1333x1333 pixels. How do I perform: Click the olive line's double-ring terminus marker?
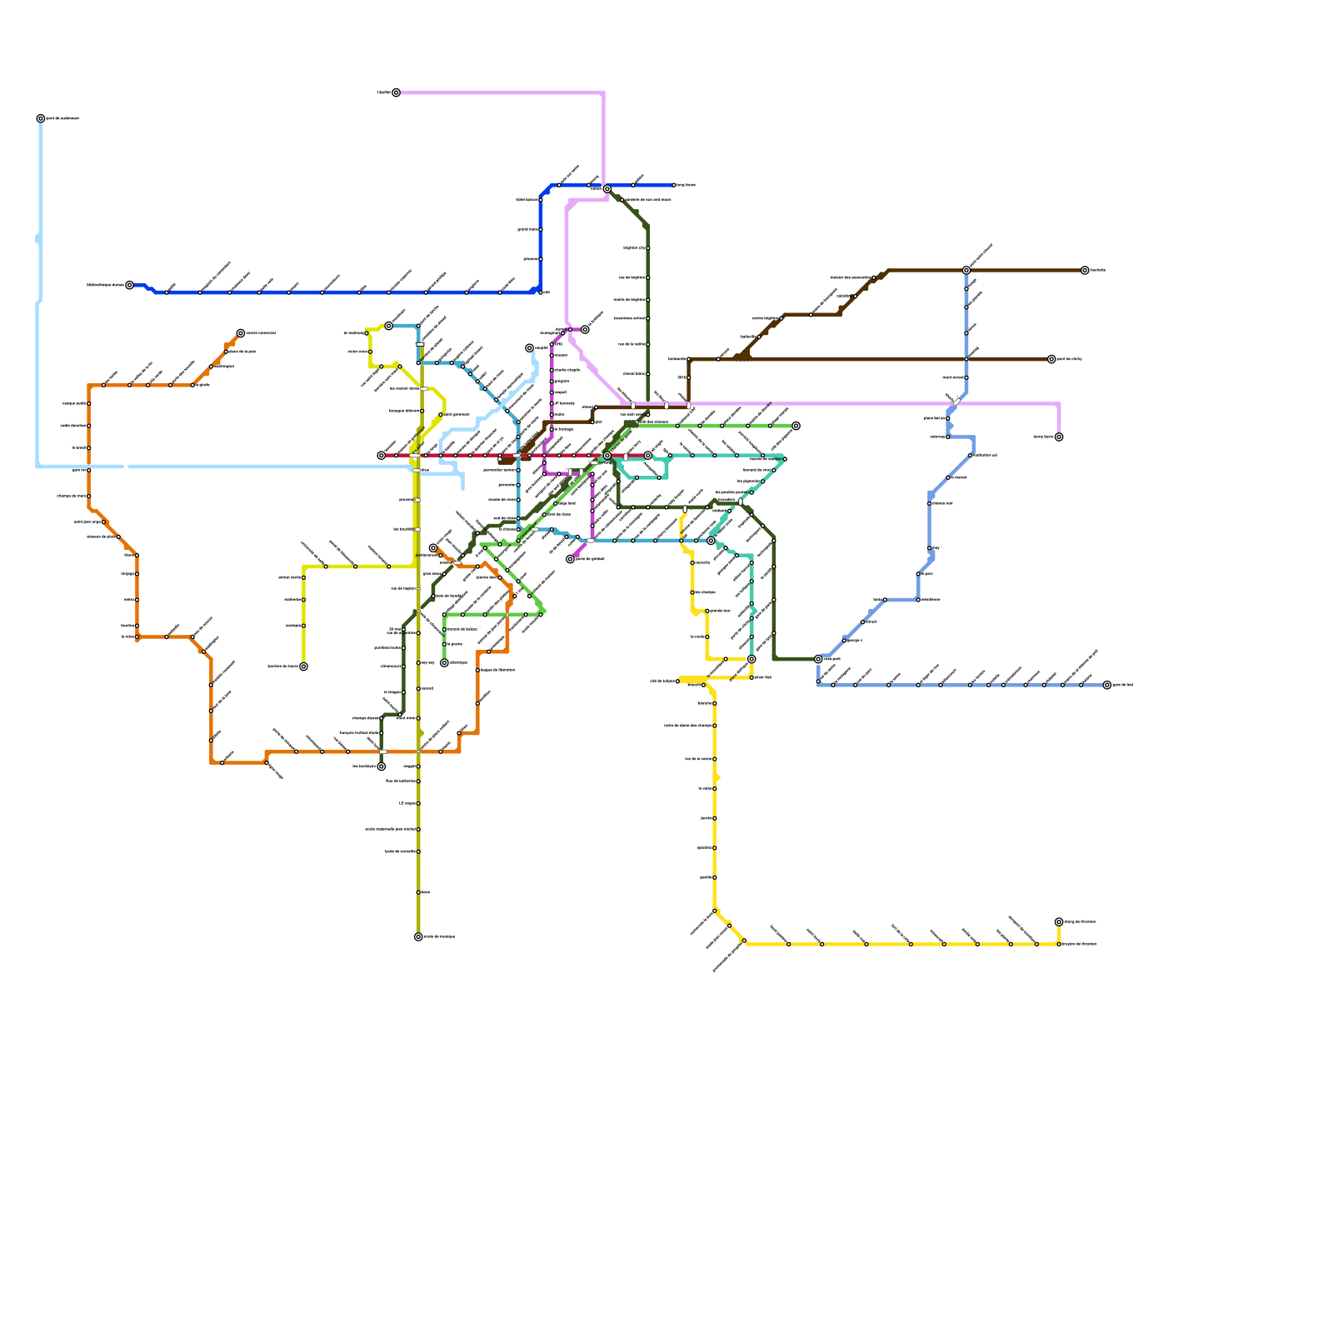(x=418, y=936)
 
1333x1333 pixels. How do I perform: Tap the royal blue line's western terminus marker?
(x=129, y=285)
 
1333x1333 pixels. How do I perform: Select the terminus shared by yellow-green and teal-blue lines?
(x=388, y=326)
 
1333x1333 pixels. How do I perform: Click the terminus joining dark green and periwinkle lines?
(x=818, y=659)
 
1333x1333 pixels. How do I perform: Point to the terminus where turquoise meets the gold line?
(x=751, y=659)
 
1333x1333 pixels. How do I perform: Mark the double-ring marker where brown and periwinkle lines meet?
(x=966, y=270)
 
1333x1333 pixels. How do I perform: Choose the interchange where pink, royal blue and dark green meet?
(x=607, y=189)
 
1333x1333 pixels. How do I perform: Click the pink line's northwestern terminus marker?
(x=396, y=92)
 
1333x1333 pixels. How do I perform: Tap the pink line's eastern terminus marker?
(x=1059, y=437)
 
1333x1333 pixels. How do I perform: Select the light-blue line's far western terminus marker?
(x=41, y=118)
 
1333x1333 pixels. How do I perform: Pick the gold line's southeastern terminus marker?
(x=1059, y=922)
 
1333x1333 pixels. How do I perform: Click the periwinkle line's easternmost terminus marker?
(x=1107, y=685)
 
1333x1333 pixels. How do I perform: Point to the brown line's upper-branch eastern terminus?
(x=1085, y=270)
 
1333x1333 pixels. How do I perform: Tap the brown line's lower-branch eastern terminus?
(x=1051, y=359)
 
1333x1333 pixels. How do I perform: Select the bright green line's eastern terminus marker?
(x=796, y=426)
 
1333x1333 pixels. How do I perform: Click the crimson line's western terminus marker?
(x=382, y=456)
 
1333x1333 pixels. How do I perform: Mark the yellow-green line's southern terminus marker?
(x=303, y=666)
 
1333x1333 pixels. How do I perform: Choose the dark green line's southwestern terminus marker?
(x=382, y=766)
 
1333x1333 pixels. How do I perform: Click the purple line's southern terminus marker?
(x=571, y=559)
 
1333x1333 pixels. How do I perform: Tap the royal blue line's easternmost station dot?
(x=674, y=185)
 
